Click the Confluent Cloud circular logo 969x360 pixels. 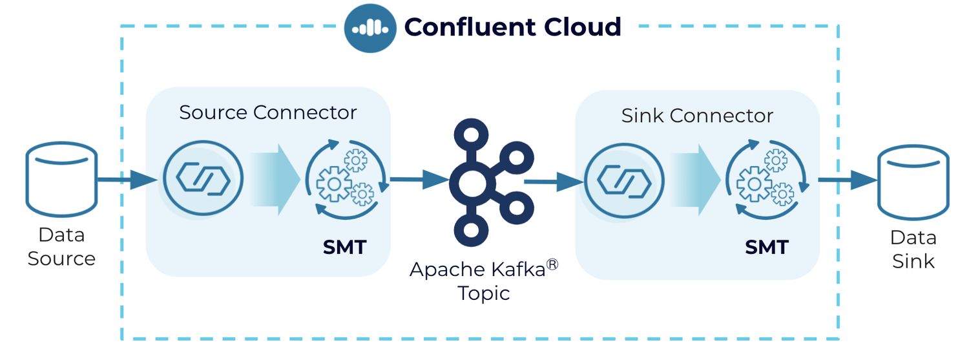coord(370,28)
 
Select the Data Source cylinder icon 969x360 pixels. coord(61,179)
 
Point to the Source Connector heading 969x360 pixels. coord(267,112)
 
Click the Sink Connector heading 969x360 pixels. coord(697,116)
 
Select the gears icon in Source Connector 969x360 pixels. coord(346,178)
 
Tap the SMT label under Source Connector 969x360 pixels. coord(344,247)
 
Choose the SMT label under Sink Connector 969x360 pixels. coord(767,248)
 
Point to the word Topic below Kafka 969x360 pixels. coord(484,293)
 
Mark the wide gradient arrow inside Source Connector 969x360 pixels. coord(275,178)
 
